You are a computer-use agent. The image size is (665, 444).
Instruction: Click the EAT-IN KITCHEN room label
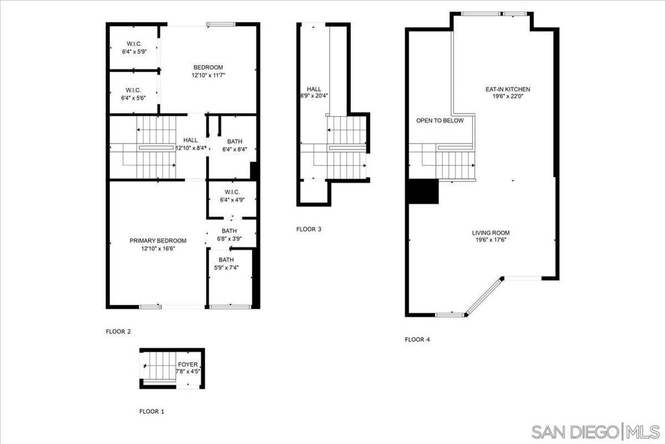(508, 89)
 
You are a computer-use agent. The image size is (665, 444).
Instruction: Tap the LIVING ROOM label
(491, 233)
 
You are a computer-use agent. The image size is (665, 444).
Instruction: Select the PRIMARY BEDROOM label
(158, 240)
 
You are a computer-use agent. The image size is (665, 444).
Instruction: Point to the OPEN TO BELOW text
(440, 121)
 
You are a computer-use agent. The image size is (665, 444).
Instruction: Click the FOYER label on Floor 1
(188, 365)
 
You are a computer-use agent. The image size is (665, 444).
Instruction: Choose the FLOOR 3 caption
(308, 229)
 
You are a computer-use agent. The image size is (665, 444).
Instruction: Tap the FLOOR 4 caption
(418, 339)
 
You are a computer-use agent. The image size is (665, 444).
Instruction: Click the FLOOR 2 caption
(118, 332)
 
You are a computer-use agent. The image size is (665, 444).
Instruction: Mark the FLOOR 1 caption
(152, 412)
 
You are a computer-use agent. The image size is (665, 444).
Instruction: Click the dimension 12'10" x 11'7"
(208, 75)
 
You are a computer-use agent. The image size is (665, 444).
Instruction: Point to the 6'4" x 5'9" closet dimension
(134, 52)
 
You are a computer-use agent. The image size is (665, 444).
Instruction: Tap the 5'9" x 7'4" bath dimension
(226, 267)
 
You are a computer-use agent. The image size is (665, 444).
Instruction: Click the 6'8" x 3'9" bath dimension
(229, 238)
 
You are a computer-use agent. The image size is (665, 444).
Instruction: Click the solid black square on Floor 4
(423, 191)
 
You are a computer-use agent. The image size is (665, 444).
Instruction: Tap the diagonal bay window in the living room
(484, 297)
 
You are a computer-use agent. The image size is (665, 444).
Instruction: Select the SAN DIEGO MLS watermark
(596, 432)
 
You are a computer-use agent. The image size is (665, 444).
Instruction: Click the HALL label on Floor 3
(314, 89)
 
